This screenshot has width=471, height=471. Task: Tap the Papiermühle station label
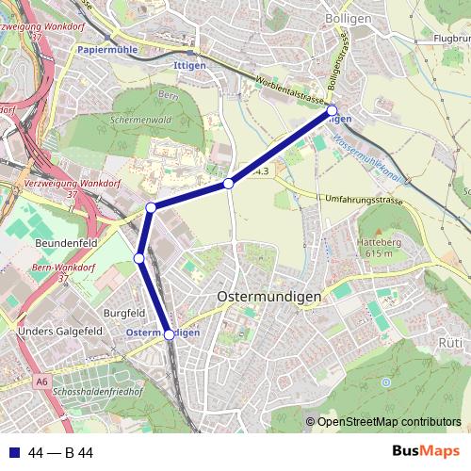[107, 49]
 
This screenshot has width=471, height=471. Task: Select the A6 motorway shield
[41, 382]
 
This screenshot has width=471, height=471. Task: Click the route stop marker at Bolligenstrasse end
[332, 111]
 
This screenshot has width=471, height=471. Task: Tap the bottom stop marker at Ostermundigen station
[170, 333]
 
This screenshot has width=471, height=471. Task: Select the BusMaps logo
[425, 451]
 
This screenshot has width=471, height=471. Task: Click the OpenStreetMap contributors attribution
[388, 422]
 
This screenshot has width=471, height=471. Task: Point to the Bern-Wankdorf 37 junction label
[64, 273]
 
